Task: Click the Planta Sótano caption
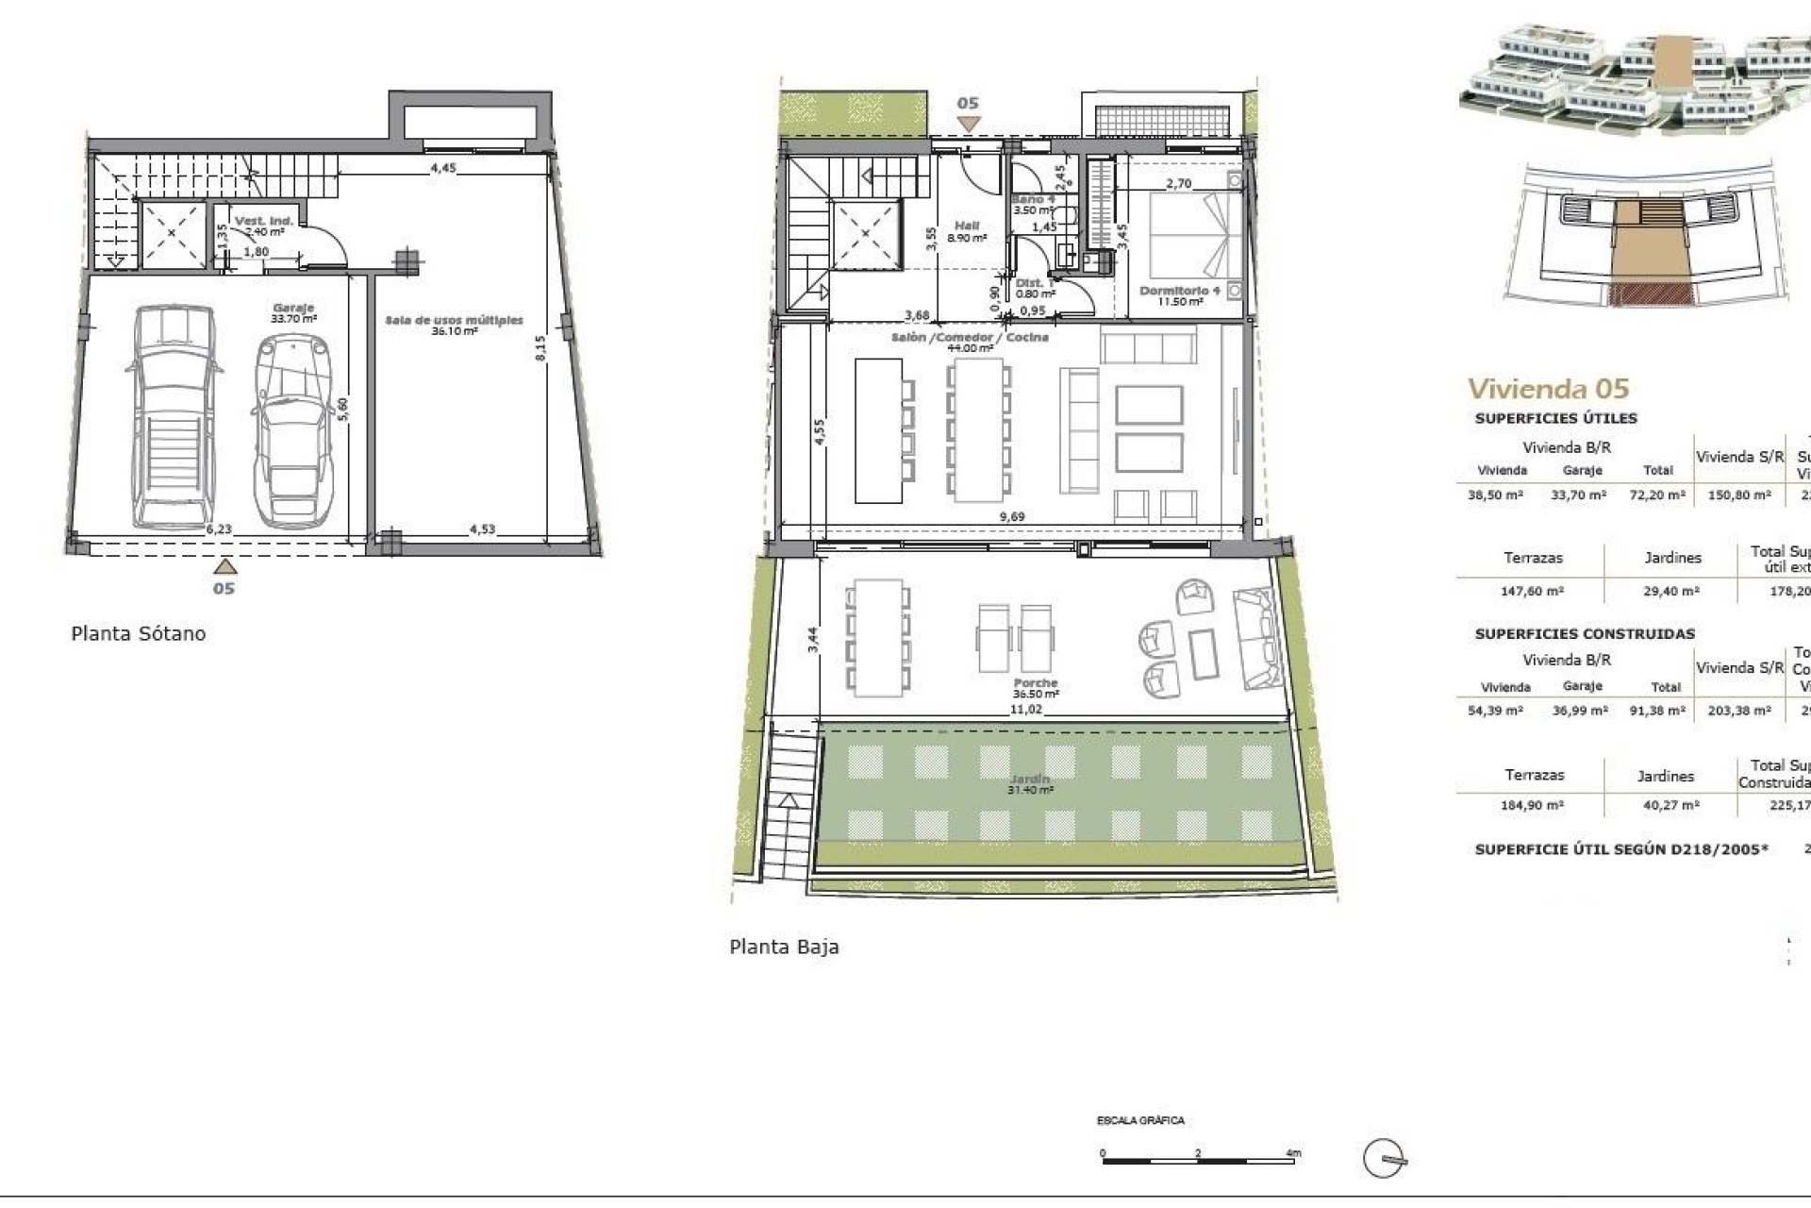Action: coord(138,633)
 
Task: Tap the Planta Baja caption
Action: coord(784,947)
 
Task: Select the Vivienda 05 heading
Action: coord(1548,388)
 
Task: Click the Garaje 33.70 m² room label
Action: coord(293,313)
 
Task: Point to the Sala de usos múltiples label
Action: coord(454,326)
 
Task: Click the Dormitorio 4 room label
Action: coord(1180,295)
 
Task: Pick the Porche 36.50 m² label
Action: coord(1035,688)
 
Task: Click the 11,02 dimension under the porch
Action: coord(1025,709)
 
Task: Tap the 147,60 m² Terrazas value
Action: coord(1532,592)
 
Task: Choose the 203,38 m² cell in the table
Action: coord(1739,711)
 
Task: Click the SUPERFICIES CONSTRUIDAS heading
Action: coord(1585,634)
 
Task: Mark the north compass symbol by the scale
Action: coord(1385,1158)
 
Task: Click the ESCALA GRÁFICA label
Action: coord(1140,1121)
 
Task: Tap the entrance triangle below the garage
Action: coord(224,566)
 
